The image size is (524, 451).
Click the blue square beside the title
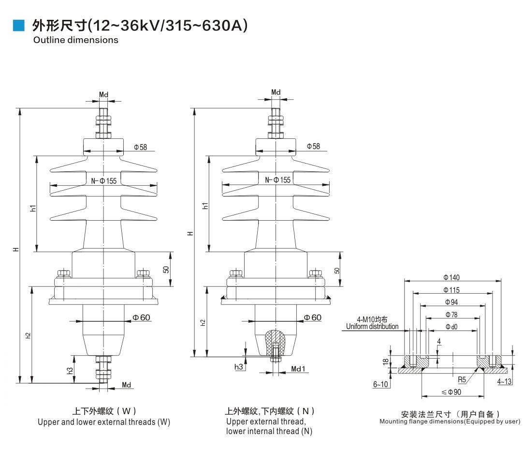coord(18,25)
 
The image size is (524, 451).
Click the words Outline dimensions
coord(75,40)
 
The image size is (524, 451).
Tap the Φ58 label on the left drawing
coord(141,147)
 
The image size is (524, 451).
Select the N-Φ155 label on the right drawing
coord(278,180)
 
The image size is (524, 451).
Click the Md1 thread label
coord(298,369)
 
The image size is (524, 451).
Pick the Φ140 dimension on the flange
coord(451,277)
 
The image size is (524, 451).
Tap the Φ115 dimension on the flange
coord(451,290)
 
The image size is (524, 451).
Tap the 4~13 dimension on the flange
coord(505,381)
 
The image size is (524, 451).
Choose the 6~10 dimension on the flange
coord(381,384)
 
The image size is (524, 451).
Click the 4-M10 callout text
coord(372,319)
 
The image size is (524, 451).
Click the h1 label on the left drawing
coord(33,208)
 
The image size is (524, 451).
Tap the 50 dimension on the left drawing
coord(166,270)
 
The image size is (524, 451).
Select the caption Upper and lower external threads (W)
coord(104,422)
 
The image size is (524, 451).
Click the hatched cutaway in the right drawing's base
coord(274,338)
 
